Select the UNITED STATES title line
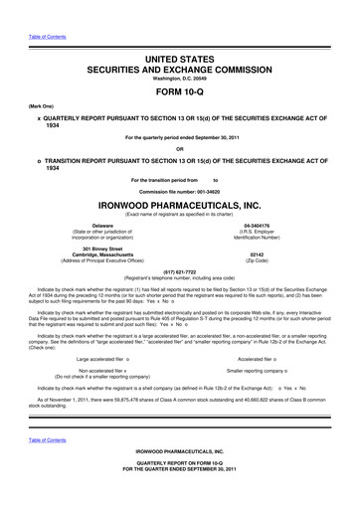179,33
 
